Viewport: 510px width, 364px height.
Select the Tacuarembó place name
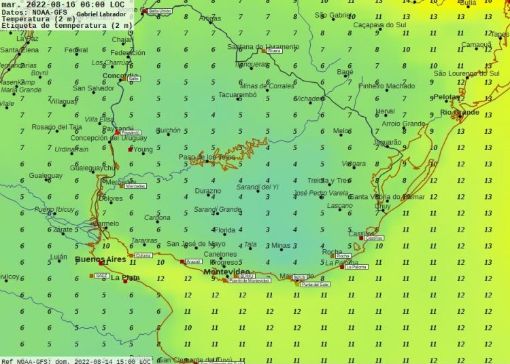(237, 96)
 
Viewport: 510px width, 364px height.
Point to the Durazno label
(207, 191)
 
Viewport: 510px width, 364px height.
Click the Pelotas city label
(446, 97)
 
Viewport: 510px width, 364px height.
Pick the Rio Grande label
(460, 112)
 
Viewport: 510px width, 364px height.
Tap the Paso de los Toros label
(207, 157)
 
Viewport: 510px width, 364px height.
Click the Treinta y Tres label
(328, 181)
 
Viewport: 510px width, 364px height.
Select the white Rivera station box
(275, 51)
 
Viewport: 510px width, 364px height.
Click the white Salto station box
(134, 79)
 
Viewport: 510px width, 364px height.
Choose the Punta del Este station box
(315, 285)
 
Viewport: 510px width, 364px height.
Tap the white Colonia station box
(143, 255)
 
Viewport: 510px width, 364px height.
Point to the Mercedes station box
(135, 186)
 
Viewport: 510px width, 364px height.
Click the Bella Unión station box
(160, 12)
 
